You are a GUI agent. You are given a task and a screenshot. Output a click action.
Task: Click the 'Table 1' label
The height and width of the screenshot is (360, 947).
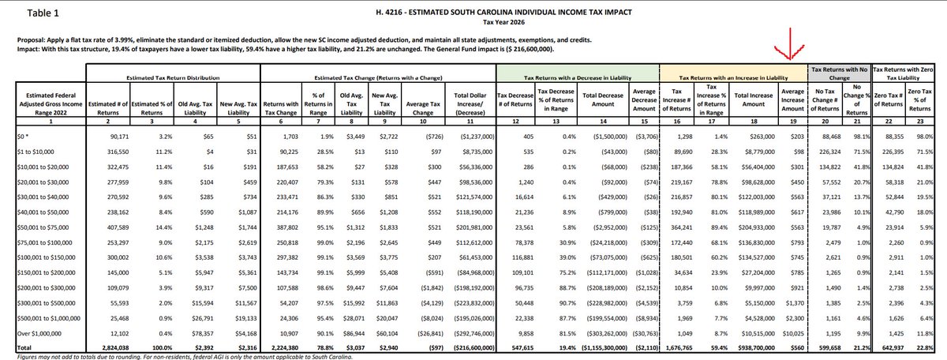[x=31, y=13]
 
